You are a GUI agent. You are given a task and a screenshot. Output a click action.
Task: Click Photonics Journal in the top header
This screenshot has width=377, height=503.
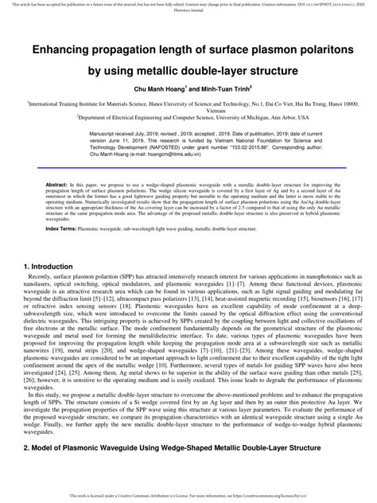coord(188,10)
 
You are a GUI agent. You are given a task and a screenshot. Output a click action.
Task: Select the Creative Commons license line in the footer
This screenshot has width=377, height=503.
coord(188,495)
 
